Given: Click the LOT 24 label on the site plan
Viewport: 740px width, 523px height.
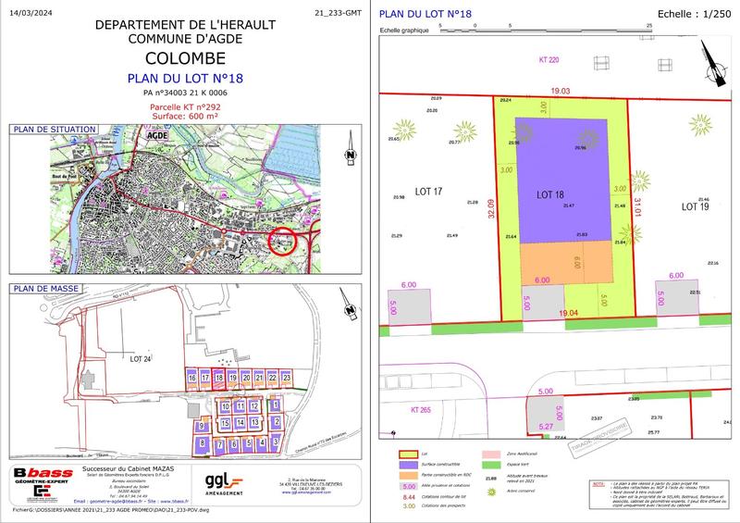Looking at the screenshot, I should click(142, 358).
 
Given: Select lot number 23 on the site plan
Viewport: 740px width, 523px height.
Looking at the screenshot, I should click(287, 380).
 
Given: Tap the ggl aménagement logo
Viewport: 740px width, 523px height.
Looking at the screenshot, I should click(226, 483).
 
